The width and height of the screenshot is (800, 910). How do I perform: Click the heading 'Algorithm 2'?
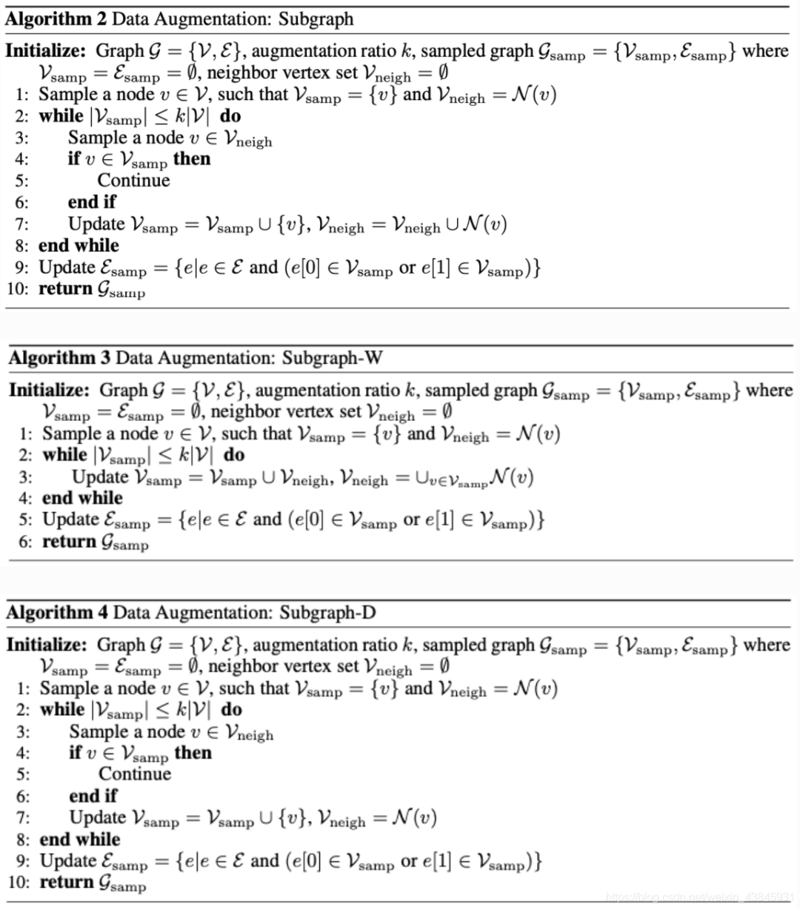coord(56,19)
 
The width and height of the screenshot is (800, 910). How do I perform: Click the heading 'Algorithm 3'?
coord(59,358)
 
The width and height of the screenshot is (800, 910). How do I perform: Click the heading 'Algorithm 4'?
coord(57,612)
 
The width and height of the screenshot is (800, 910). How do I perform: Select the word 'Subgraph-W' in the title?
coord(332,358)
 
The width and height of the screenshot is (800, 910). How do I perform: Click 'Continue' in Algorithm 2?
coord(133,180)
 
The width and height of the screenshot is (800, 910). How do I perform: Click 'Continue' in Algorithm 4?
coord(135,774)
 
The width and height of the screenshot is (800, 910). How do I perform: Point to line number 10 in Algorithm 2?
coord(17,289)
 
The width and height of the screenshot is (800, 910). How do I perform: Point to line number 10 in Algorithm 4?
coord(19,883)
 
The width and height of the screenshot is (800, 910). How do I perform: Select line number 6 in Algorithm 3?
coord(25,542)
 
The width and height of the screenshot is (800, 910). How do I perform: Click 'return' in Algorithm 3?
coord(70,542)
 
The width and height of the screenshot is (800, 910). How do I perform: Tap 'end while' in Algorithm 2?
coord(79,245)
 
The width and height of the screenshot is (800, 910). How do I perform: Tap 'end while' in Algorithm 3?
coord(82,498)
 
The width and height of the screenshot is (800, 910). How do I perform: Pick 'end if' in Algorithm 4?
coord(93,796)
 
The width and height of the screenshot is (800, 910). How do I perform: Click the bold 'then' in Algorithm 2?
coord(192,159)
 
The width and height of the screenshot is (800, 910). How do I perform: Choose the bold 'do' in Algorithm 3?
coord(234,454)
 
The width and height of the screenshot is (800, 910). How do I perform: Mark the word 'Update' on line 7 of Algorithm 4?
coord(97,817)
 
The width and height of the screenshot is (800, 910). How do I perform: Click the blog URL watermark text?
coord(700,898)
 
